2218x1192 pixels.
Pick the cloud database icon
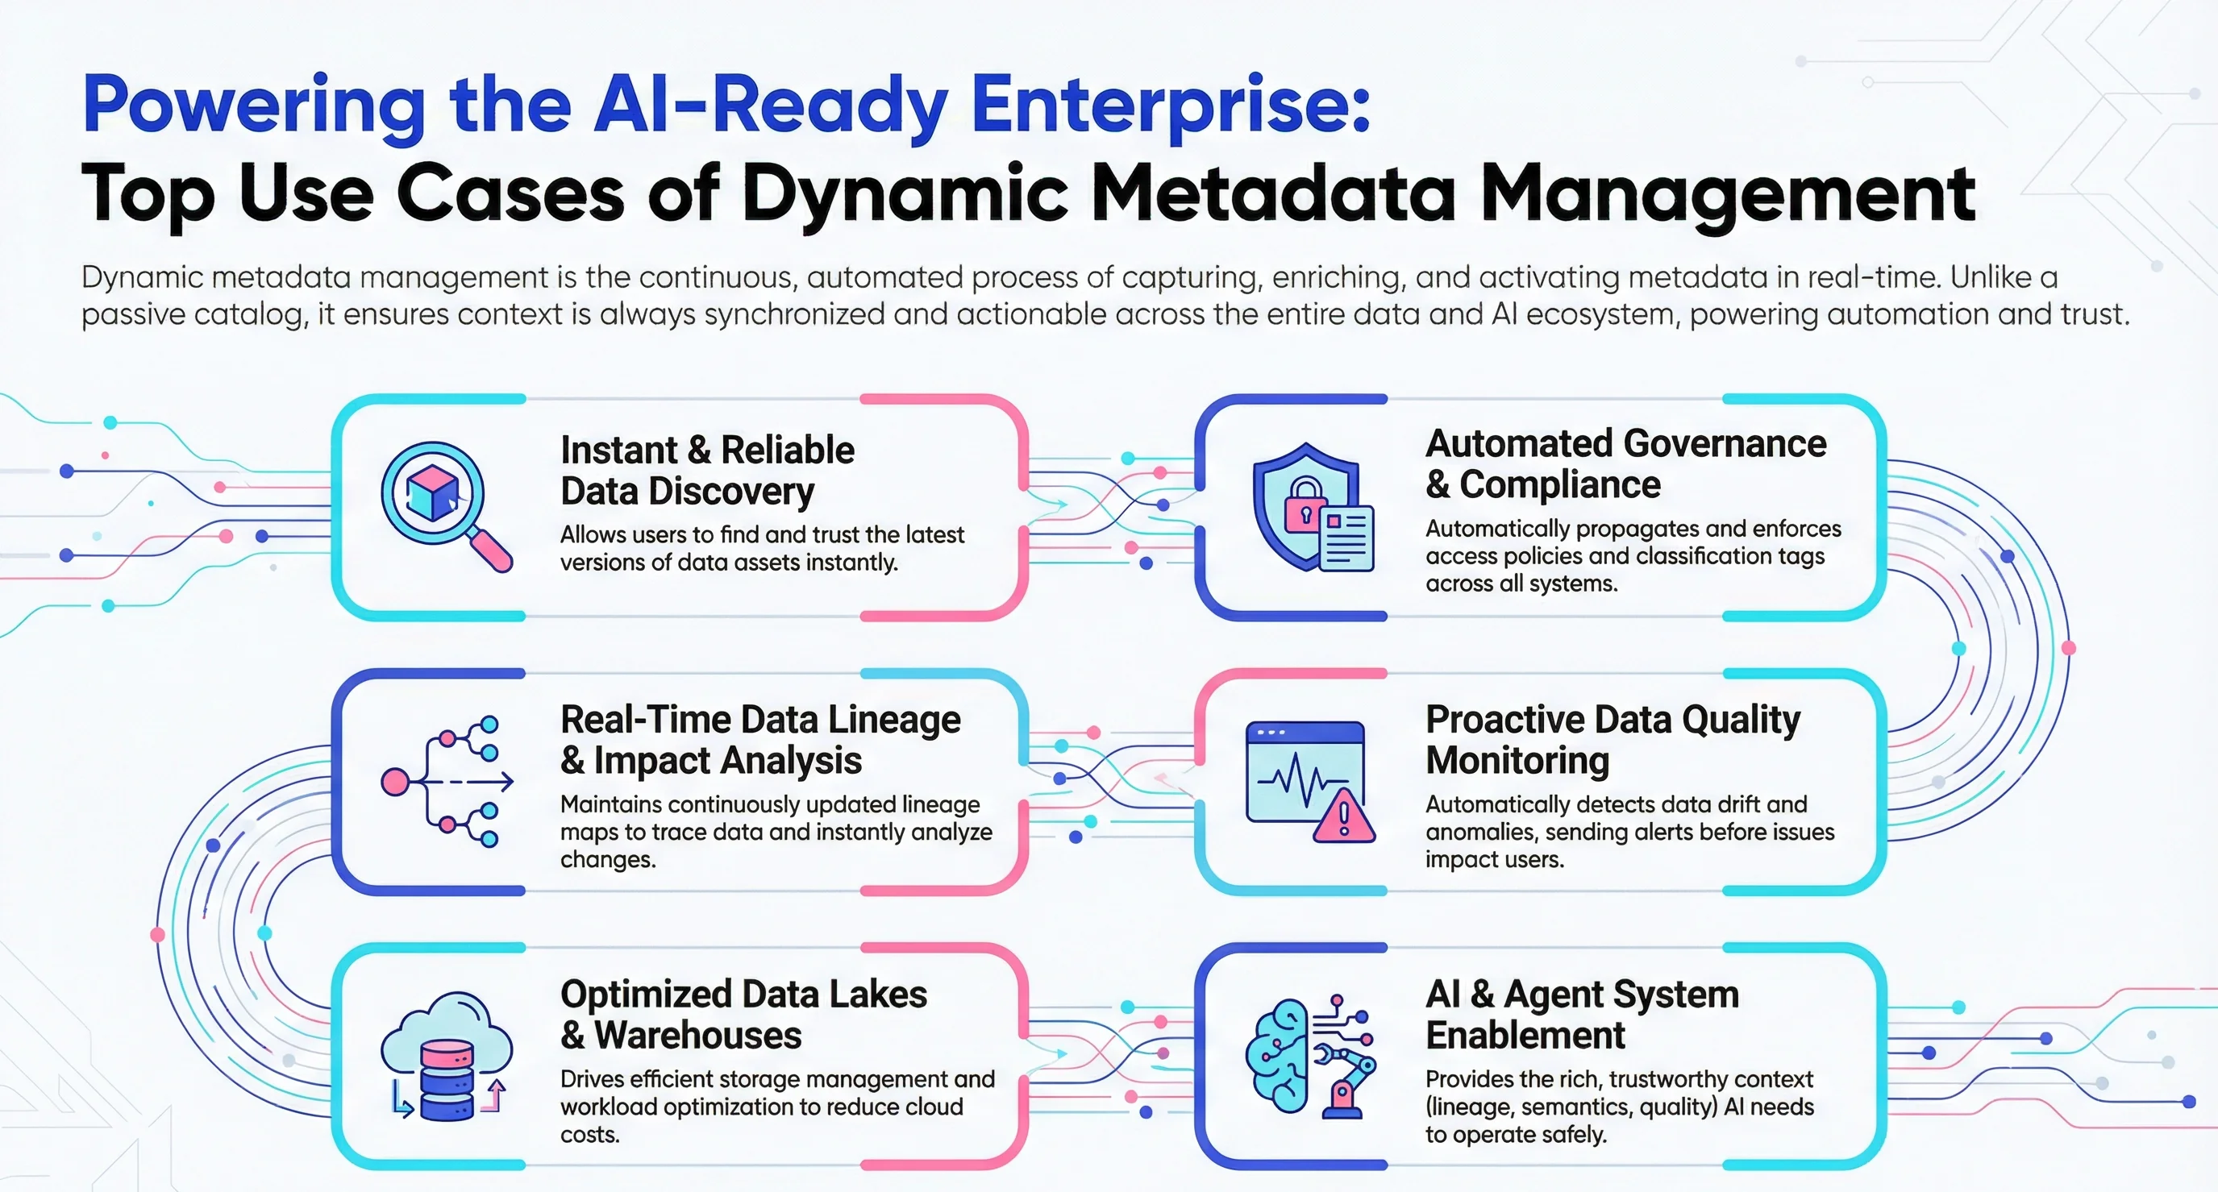[446, 1056]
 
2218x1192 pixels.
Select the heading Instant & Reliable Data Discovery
[706, 471]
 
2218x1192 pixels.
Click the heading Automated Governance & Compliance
[1625, 464]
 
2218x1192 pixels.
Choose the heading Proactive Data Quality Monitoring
[1612, 739]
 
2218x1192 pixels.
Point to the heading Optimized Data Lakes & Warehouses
[743, 1015]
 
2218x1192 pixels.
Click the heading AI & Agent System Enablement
[1582, 1015]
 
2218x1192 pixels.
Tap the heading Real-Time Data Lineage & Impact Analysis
[759, 739]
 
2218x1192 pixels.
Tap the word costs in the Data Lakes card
[590, 1134]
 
